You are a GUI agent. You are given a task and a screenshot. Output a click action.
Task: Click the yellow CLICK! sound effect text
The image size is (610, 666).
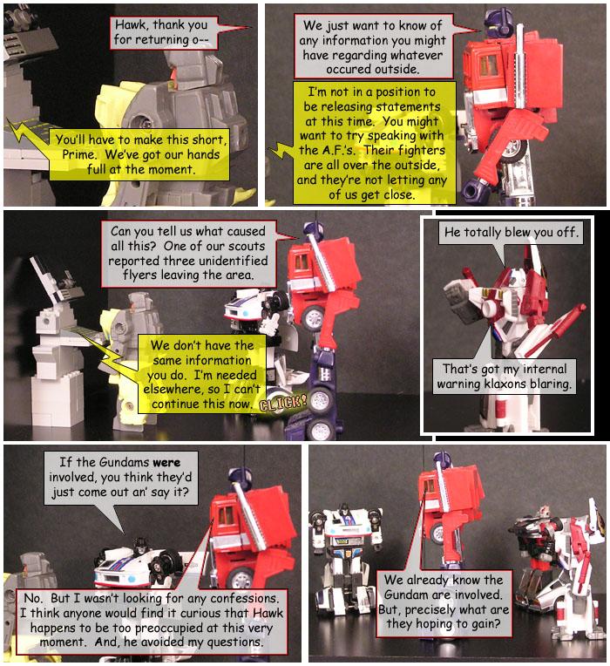coord(283,404)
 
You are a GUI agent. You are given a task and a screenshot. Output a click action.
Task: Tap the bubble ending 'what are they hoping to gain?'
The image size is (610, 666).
coord(444,603)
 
